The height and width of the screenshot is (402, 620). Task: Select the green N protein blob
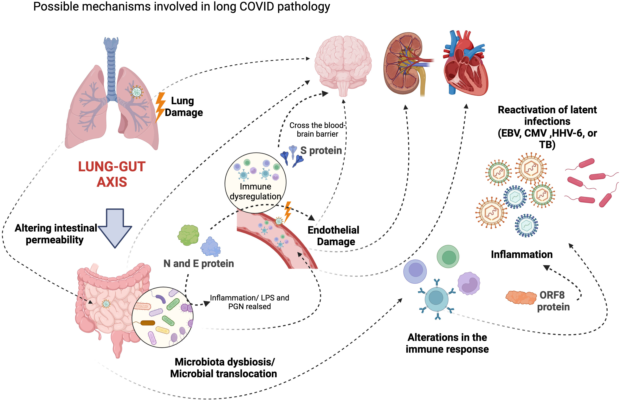188,235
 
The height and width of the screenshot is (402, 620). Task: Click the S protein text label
321,151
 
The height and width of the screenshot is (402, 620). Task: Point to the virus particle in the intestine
106,304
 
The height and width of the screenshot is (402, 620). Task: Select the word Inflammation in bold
522,254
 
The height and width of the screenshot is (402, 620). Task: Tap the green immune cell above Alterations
448,257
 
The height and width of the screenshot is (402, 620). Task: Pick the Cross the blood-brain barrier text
317,129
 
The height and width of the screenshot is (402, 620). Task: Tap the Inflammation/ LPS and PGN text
249,302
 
